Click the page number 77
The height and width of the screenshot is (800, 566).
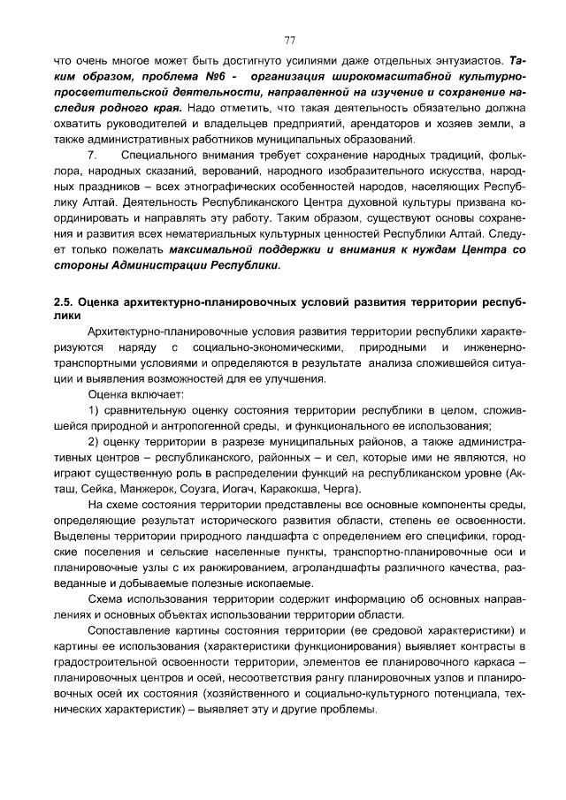coord(289,40)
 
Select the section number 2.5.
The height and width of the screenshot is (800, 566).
coord(65,301)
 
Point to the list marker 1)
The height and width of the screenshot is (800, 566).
coord(96,411)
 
